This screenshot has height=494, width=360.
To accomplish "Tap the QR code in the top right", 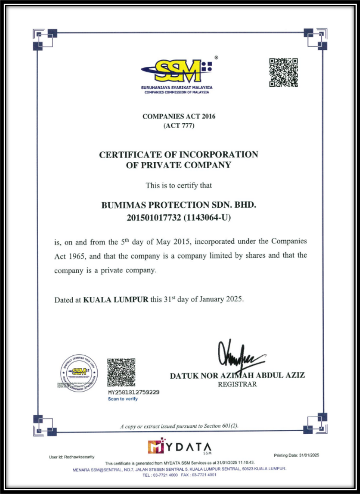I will pos(283,72).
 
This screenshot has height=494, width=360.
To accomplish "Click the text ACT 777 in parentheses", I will pos(179,126).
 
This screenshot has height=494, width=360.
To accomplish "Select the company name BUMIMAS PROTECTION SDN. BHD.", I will pos(179,205).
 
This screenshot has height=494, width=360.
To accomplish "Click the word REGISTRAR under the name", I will pos(237,384).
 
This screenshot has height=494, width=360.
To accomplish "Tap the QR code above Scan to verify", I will pos(121,372).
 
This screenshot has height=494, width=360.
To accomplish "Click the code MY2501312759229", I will pos(133,392).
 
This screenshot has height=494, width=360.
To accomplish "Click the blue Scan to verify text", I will pos(123,399).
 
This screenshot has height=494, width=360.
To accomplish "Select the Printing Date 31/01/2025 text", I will pos(296,455).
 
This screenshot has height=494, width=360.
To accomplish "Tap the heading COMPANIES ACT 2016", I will pos(179,116).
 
